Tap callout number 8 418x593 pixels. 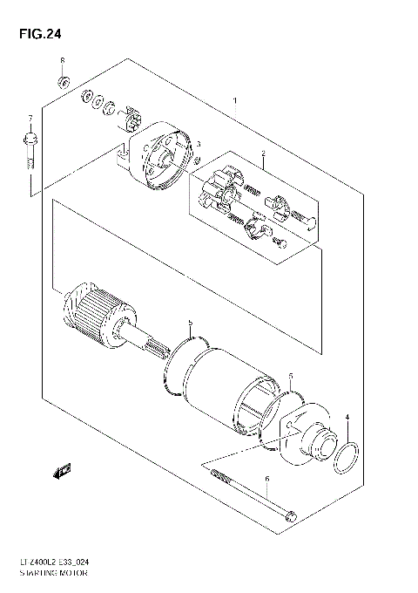click(x=63, y=60)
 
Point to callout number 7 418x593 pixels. click(x=29, y=117)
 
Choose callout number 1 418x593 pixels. click(x=234, y=101)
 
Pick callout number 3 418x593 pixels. click(x=199, y=144)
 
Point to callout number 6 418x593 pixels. click(x=267, y=479)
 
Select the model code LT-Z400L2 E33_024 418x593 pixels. click(x=62, y=566)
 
